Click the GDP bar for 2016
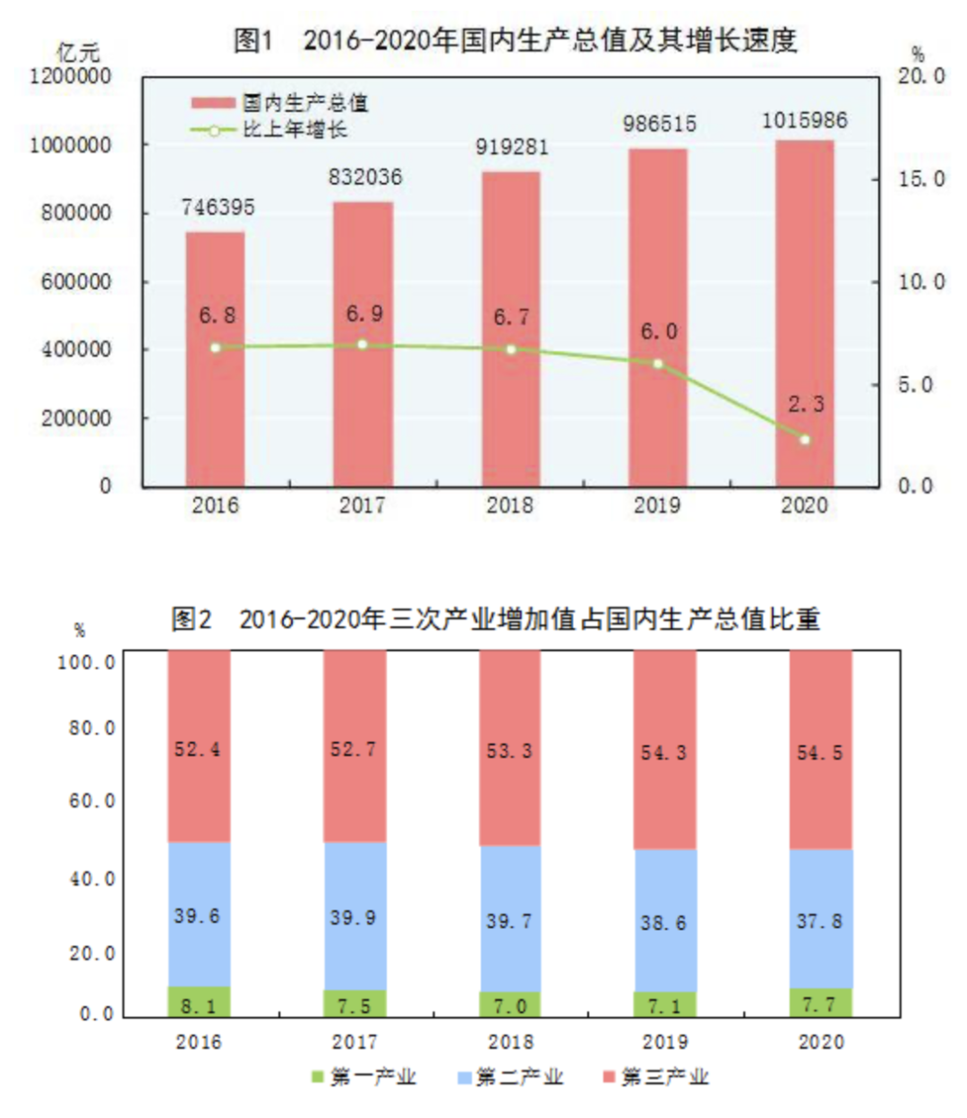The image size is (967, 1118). (x=215, y=358)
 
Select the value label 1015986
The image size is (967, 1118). (x=804, y=121)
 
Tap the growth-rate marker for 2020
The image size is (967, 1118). (x=804, y=440)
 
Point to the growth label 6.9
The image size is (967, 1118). (x=364, y=314)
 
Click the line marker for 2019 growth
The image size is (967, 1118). (x=658, y=364)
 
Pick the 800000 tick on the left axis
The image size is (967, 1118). (x=76, y=213)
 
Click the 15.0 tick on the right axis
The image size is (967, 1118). (x=921, y=179)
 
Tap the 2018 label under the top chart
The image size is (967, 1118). (x=509, y=505)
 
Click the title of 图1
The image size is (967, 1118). (x=515, y=40)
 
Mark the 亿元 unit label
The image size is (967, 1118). (x=78, y=52)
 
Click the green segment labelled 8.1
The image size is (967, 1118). (x=199, y=1002)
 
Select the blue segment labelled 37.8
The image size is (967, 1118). (x=820, y=921)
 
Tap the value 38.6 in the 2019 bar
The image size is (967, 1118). (x=663, y=923)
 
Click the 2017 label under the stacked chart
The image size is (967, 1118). (x=354, y=1043)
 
